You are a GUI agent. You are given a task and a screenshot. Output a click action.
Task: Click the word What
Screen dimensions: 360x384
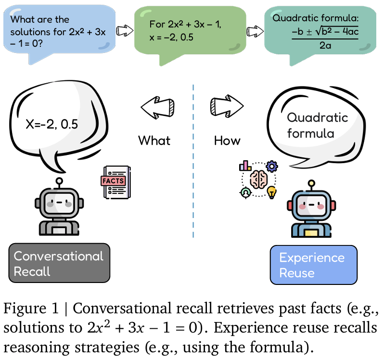point(154,140)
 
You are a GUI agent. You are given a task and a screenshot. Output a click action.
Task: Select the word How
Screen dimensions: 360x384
point(227,140)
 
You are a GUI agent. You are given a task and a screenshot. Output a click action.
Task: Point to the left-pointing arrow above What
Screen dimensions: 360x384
point(157,104)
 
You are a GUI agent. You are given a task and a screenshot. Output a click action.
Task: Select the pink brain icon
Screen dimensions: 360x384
point(258,179)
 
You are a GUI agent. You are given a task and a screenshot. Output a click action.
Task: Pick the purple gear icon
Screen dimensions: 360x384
point(272,167)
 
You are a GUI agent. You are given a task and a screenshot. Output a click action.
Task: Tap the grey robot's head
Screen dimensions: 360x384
point(59,203)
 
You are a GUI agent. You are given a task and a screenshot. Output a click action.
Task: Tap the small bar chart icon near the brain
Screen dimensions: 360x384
point(245,166)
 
